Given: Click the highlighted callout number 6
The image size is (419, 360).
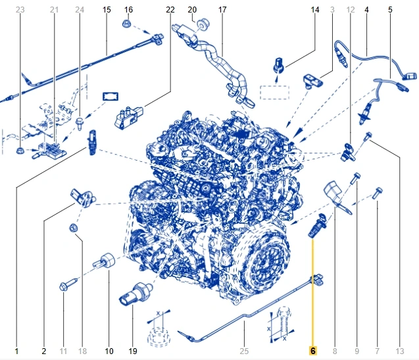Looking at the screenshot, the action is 313,351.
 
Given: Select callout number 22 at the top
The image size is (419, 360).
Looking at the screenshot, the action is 170,10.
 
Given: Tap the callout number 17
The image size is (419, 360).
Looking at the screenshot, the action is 222,10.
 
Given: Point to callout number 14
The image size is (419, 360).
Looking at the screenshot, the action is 315,10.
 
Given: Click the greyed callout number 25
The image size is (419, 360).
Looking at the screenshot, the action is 244,351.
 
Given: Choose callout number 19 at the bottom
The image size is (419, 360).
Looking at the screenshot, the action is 133,351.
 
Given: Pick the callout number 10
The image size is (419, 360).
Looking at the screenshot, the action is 109,351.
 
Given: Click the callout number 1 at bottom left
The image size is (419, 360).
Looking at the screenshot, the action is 16,351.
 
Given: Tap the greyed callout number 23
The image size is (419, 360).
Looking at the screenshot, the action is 20,10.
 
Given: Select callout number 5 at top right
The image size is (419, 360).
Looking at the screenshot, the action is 390,10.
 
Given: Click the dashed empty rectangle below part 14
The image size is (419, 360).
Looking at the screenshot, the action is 275,93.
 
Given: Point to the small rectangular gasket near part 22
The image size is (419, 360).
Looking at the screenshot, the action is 111,96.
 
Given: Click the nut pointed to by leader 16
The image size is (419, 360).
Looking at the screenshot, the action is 126,24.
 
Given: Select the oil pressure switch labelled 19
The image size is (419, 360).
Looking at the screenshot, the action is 136,294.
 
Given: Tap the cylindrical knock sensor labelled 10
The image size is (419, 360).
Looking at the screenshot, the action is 105,260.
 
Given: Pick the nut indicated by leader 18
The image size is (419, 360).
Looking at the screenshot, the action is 73,228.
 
